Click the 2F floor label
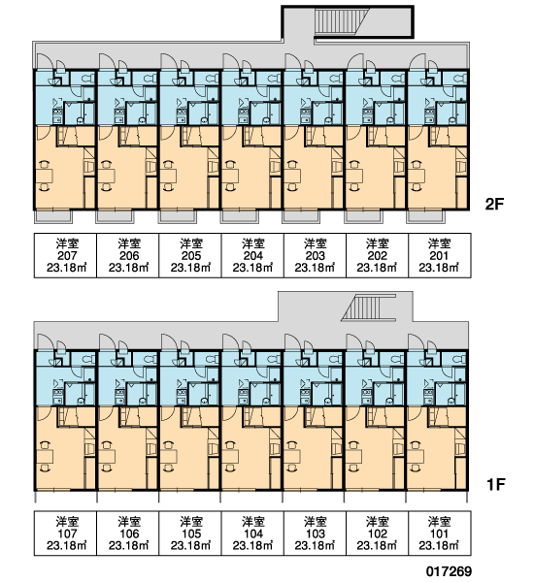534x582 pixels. pos(494,204)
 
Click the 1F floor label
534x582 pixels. pos(495,484)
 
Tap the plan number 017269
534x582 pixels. pos(449,571)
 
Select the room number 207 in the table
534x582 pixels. pos(67,256)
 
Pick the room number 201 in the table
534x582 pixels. pos(439,256)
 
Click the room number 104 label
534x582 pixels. pos(253,533)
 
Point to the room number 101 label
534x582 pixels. pos(439,533)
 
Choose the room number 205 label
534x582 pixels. pos(191,256)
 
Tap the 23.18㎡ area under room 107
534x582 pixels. pos(67,545)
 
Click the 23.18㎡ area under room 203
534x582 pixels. pos(315,268)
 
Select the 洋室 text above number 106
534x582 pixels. pos(129,522)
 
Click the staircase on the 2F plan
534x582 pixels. pos(342,22)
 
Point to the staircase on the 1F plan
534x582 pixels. pos(369,307)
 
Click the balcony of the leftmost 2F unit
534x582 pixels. pos(53,216)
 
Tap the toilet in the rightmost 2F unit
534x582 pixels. pos(461,79)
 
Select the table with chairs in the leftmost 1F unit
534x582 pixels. pos(45,456)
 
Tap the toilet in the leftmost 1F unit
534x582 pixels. pos(88,359)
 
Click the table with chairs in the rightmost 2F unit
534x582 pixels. pos(417,176)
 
